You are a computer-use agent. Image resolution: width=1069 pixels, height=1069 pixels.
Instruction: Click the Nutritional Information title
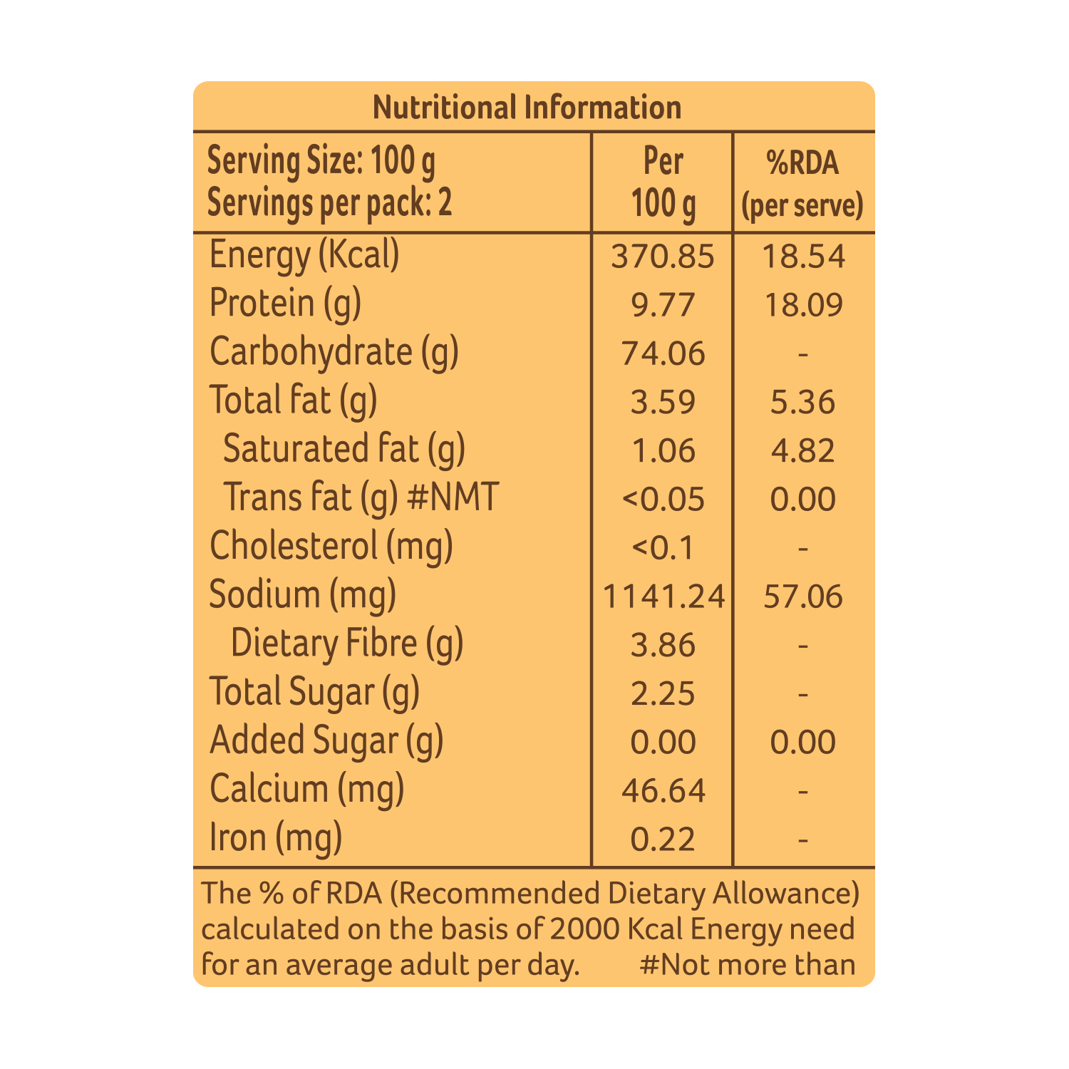(x=527, y=108)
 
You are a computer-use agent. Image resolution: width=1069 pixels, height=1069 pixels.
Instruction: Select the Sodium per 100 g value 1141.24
(x=663, y=596)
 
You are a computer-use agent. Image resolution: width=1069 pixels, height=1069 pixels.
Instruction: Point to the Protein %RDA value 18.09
(x=803, y=305)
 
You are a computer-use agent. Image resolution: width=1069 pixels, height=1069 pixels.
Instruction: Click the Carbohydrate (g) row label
(x=334, y=353)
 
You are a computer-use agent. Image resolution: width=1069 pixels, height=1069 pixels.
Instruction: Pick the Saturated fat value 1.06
(x=663, y=450)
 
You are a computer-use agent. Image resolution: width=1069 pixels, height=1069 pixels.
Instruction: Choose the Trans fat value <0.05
(x=663, y=499)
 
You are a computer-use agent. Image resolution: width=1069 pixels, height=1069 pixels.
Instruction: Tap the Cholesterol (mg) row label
(x=331, y=547)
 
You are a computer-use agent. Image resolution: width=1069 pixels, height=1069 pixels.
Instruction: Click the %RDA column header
(x=803, y=184)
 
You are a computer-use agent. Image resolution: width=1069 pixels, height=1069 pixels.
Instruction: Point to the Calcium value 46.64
(x=663, y=790)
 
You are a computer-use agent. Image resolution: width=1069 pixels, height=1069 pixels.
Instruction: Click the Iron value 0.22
(x=663, y=839)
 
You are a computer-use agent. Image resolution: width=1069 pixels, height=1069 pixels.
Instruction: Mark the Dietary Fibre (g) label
(x=347, y=644)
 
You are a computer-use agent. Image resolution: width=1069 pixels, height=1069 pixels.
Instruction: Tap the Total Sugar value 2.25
(x=663, y=693)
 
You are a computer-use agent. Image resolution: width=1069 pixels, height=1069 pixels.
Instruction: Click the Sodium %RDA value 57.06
(x=803, y=596)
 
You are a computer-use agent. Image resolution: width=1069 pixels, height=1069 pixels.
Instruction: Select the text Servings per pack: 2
(x=329, y=204)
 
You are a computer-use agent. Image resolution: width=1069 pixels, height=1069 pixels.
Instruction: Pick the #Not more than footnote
(x=748, y=964)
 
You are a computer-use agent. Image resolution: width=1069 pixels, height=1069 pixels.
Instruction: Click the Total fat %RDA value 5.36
(x=803, y=402)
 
